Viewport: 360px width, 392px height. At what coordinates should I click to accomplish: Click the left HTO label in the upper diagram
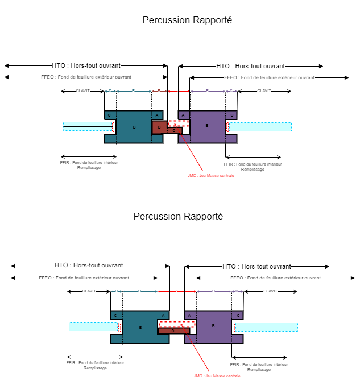(86, 65)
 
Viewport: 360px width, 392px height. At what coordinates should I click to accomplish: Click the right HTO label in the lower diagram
(256, 266)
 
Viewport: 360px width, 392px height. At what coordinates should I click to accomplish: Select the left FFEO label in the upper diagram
(86, 77)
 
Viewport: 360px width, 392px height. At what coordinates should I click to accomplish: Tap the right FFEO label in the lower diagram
(275, 278)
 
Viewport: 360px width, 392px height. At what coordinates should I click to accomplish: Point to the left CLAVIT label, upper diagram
(82, 91)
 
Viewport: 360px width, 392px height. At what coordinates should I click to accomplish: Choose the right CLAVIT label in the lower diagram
(270, 291)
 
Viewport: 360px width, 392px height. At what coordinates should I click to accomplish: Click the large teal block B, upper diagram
(134, 127)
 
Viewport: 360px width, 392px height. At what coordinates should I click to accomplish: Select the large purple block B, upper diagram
(207, 126)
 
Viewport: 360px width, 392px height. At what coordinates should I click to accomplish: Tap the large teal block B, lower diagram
(140, 327)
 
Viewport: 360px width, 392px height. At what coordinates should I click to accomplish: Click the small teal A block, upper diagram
(157, 115)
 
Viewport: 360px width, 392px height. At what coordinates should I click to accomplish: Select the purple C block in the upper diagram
(231, 115)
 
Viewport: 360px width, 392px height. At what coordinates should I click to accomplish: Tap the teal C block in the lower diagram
(115, 315)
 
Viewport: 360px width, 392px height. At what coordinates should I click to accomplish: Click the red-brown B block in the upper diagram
(159, 126)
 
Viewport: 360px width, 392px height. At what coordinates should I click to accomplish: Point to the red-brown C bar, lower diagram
(173, 331)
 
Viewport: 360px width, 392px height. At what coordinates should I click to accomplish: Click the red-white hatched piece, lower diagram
(177, 324)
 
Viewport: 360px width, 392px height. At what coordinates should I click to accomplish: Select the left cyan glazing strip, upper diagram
(88, 126)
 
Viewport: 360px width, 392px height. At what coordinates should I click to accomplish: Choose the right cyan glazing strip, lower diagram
(266, 327)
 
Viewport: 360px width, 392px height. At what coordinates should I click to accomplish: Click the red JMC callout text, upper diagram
(210, 175)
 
